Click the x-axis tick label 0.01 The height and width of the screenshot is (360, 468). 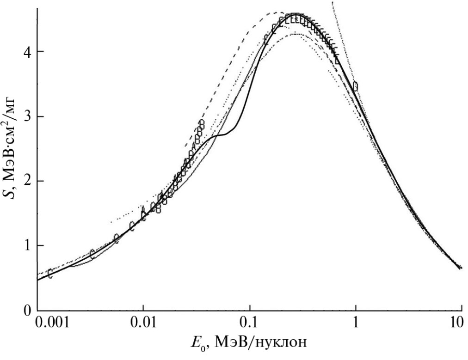(x=143, y=323)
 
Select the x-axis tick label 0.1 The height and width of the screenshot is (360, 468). (x=250, y=323)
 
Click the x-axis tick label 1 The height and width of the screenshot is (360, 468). (x=356, y=323)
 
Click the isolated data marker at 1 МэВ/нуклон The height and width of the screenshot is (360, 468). (x=355, y=86)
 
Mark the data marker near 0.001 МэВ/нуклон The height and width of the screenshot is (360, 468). (x=50, y=274)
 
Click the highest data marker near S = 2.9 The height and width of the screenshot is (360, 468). (x=201, y=124)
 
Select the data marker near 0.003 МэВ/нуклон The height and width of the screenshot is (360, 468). (x=92, y=253)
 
